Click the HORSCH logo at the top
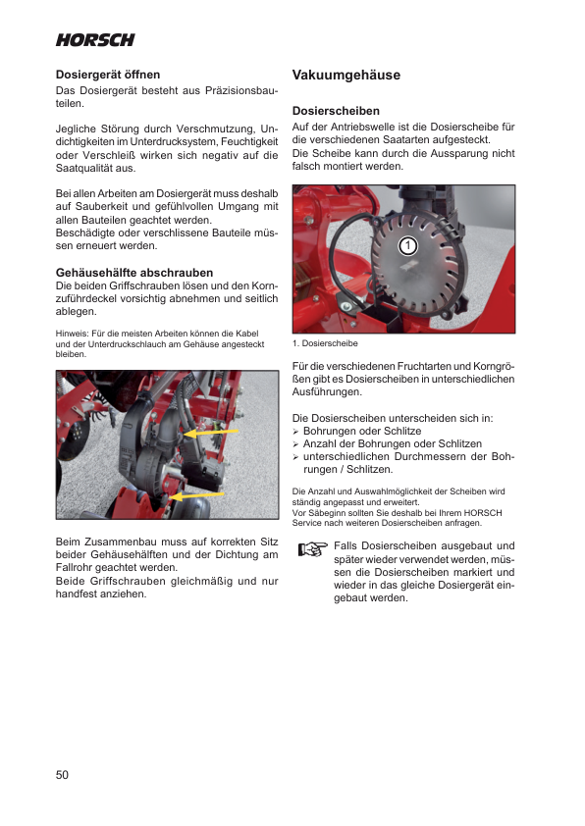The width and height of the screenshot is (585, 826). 95,40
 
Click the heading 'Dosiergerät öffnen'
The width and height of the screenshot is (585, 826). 108,75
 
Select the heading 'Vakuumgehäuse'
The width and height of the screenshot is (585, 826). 346,75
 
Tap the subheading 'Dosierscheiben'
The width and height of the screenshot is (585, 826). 336,111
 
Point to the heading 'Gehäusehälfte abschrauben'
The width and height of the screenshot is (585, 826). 134,273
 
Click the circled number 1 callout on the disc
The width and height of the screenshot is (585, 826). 407,245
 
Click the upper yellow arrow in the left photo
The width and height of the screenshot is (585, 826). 211,433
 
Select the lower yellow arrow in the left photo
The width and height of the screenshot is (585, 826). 198,496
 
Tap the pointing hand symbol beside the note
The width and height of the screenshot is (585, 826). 312,549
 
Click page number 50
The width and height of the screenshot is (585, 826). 62,774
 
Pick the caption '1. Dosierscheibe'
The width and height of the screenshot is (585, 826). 325,343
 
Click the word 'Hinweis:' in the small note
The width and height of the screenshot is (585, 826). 72,334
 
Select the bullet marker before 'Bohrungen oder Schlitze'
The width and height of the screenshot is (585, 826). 295,432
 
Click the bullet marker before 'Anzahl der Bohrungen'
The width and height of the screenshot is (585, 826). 295,444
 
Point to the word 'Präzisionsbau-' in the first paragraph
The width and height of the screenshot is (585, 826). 241,90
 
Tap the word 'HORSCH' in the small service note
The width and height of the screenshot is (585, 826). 483,512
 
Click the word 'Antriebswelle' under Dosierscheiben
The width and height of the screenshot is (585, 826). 362,127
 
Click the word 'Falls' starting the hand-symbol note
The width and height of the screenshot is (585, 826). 345,545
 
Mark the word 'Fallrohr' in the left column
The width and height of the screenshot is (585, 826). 75,567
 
